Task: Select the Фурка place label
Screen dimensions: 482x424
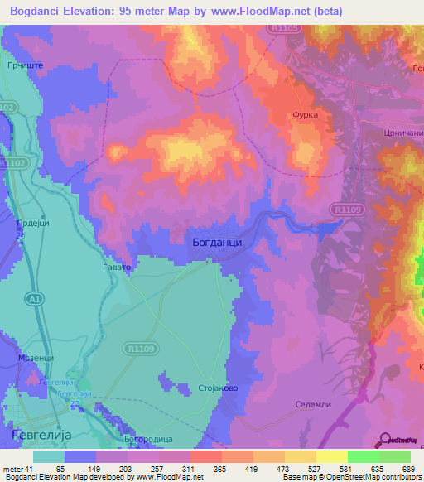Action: click(x=305, y=116)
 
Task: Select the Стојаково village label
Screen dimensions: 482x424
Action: click(x=219, y=388)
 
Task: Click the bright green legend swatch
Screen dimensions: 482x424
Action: click(x=363, y=456)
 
